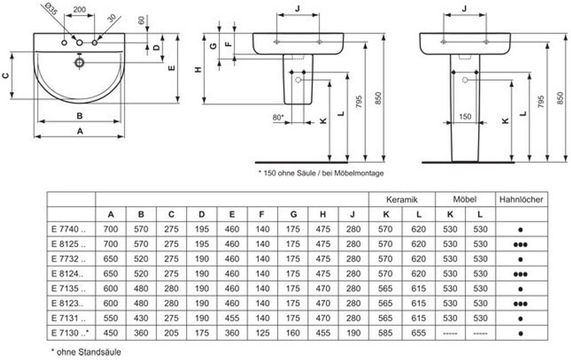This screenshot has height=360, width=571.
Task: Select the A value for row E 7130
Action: (x=111, y=333)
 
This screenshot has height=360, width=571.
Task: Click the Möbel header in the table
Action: (x=464, y=199)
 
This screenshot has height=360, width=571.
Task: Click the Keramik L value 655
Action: (x=418, y=333)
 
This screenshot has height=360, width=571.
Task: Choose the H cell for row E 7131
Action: (x=322, y=318)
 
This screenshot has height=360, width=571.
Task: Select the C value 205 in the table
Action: (x=171, y=333)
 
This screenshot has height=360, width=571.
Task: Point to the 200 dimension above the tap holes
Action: (x=79, y=10)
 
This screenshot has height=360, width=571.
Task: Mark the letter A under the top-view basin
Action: (x=79, y=131)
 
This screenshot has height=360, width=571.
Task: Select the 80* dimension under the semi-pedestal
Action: (x=278, y=118)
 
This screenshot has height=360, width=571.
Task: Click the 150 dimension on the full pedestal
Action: (x=465, y=117)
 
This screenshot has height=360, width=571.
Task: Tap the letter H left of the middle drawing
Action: (x=198, y=69)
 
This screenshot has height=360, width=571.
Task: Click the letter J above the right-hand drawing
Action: (x=464, y=8)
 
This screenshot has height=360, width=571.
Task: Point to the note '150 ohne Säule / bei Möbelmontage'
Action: (x=321, y=173)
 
